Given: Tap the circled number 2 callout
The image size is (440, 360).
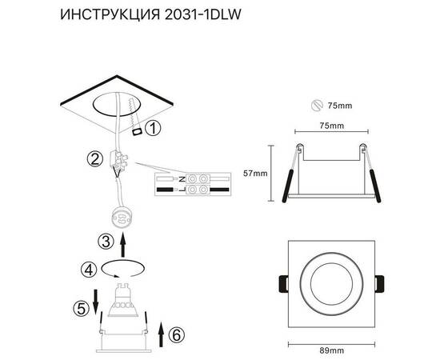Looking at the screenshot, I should (x=94, y=159).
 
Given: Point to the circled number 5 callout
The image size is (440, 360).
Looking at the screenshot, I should (x=80, y=307).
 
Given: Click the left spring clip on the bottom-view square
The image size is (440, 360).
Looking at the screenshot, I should (x=282, y=284).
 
